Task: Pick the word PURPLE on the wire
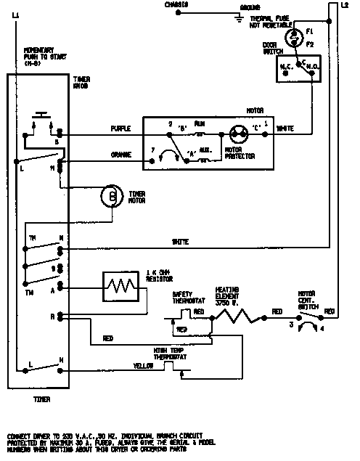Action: coord(120,128)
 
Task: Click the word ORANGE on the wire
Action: coord(120,153)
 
